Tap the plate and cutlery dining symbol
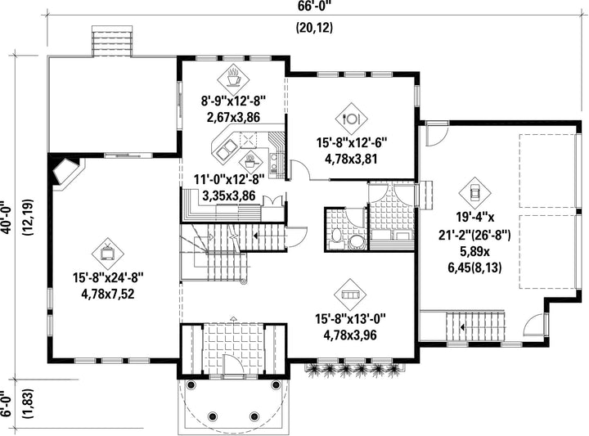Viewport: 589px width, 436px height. coord(352,119)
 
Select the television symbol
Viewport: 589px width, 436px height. coord(108,254)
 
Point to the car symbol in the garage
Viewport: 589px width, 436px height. coord(474,193)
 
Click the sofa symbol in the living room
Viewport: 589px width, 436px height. coord(350,294)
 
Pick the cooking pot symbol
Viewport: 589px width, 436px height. coord(250,162)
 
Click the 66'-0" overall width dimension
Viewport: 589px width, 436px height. coord(315,6)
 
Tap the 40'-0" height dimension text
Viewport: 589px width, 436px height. coord(6,217)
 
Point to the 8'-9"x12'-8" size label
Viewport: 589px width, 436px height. coord(233,101)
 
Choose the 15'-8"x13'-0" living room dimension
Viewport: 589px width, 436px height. coord(350,319)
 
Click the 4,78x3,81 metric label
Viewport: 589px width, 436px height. coord(351,159)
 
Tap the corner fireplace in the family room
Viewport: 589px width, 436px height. coord(65,171)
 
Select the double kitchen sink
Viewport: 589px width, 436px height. coord(226,149)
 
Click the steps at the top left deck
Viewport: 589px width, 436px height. coord(112,41)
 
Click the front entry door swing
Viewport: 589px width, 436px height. coord(232,363)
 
